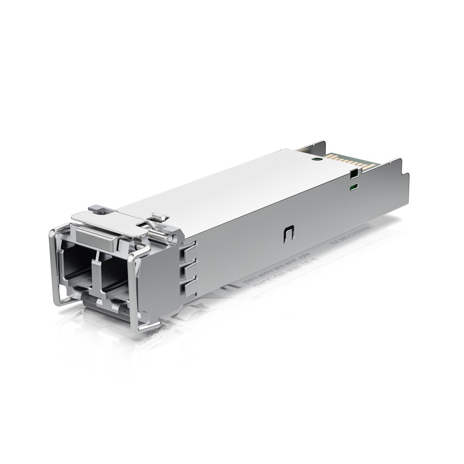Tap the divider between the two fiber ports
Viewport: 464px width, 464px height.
point(95,271)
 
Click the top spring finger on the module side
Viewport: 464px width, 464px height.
point(189,250)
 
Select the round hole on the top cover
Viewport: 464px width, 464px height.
point(317,159)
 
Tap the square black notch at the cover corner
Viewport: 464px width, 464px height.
point(354,174)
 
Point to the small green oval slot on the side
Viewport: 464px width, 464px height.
point(354,187)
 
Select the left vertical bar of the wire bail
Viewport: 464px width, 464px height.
point(54,266)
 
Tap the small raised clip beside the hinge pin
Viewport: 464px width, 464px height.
point(159,217)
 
